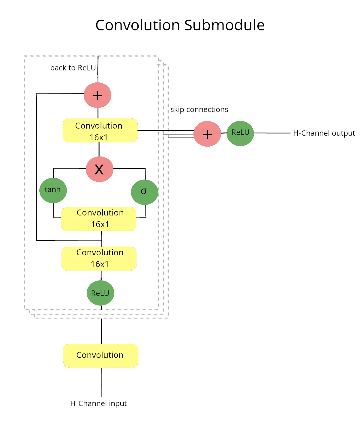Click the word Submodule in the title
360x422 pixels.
pos(224,25)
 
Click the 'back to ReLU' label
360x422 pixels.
pos(73,68)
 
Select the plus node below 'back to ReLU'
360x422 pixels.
pos(97,95)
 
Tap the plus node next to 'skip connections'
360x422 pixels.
pos(207,134)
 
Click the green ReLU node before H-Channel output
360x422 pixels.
pos(240,133)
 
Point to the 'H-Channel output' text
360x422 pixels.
pos(324,133)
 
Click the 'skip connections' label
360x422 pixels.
pos(199,110)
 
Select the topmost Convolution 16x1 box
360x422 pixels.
pos(100,131)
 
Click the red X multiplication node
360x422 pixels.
pos(99,169)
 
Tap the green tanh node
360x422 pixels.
pos(53,190)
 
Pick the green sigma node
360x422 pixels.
pos(144,192)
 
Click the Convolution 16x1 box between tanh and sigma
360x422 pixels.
pos(99,219)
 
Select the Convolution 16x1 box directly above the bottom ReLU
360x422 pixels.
pos(99,258)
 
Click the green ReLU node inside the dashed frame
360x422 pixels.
pos(100,293)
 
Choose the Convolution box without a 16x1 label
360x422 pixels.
pos(100,355)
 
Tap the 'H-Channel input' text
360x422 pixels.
pos(98,403)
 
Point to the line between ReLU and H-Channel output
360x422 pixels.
pos(271,133)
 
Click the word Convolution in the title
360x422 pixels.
pos(137,25)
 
